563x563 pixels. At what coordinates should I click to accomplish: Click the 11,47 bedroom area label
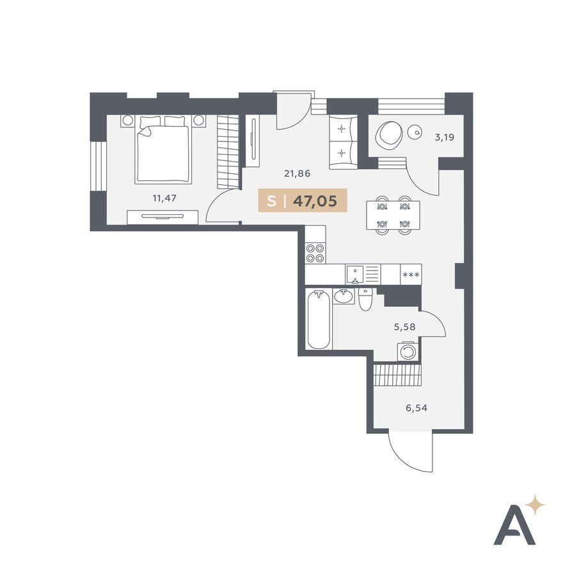tap(164, 198)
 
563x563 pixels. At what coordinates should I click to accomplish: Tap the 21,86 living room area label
tap(297, 174)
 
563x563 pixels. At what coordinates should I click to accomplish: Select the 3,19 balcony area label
tap(445, 137)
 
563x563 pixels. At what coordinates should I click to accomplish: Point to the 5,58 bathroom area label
tap(404, 327)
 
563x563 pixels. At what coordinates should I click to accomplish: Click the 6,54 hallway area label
tap(416, 408)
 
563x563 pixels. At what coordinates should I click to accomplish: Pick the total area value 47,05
tap(315, 201)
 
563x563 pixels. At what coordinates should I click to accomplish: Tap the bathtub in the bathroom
tap(319, 319)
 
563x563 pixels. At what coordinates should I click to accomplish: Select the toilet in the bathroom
tap(366, 299)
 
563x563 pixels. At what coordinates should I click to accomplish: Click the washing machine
tap(408, 351)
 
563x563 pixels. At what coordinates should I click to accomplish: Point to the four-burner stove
tap(315, 253)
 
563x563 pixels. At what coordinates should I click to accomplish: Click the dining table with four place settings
tap(393, 215)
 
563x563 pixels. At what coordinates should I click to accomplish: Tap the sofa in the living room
tap(344, 142)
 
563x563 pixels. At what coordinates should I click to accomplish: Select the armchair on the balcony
tap(388, 134)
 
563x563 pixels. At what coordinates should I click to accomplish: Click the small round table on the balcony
tap(416, 132)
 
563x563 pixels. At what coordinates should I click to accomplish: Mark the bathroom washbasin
tap(344, 297)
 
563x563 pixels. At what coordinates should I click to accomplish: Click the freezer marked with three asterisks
tap(411, 274)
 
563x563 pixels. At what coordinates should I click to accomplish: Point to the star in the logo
tap(535, 505)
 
